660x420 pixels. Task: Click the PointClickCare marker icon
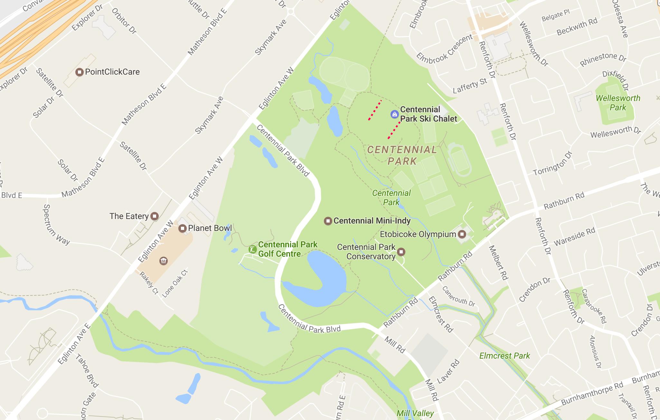click(79, 72)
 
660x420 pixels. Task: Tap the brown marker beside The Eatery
click(155, 216)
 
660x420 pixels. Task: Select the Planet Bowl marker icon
click(183, 228)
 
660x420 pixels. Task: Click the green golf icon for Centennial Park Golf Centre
click(252, 249)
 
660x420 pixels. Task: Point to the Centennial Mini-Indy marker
click(328, 221)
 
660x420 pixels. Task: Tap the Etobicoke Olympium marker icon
click(462, 234)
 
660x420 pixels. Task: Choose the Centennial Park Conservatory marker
click(401, 251)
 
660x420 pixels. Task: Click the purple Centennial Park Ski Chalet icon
click(394, 114)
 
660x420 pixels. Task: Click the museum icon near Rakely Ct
click(163, 260)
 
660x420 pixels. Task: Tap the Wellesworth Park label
click(618, 103)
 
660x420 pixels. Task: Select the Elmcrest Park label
click(504, 356)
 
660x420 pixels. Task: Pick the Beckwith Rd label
click(577, 27)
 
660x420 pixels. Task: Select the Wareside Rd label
click(574, 237)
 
